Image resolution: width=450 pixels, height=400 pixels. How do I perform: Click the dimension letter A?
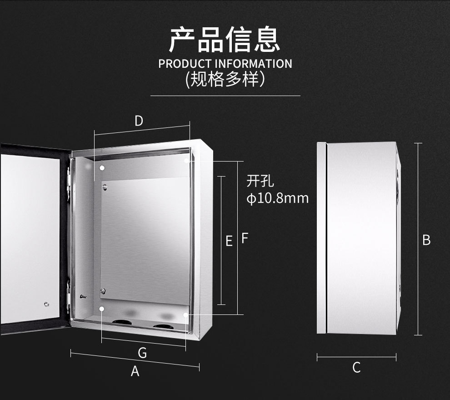tap(135, 371)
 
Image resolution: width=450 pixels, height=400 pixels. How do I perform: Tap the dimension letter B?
tap(426, 240)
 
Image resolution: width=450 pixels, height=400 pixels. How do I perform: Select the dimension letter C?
tap(356, 368)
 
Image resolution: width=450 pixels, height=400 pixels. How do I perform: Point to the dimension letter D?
tap(139, 121)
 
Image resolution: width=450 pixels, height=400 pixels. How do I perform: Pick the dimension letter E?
tap(229, 241)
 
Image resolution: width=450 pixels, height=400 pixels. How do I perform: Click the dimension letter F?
tap(245, 238)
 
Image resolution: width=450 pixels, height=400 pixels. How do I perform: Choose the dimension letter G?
tap(142, 353)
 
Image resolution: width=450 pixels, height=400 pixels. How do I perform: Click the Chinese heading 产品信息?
tap(225, 40)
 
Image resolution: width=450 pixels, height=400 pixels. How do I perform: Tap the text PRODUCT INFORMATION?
tap(225, 64)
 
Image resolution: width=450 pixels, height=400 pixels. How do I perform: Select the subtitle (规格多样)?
tap(225, 79)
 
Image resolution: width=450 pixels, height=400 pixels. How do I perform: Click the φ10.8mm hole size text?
tap(278, 198)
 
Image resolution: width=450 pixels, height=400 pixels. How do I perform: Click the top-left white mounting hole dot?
tap(102, 168)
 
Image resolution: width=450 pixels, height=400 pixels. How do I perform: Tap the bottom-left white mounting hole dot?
tap(102, 309)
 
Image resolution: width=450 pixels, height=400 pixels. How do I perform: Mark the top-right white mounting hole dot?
tap(186, 161)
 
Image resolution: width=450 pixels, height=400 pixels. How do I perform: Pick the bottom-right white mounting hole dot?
tap(186, 315)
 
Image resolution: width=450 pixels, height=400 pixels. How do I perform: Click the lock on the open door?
tap(46, 304)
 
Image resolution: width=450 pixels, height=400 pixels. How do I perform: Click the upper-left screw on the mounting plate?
tap(105, 187)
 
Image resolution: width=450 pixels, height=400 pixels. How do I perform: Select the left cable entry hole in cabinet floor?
tap(122, 322)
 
